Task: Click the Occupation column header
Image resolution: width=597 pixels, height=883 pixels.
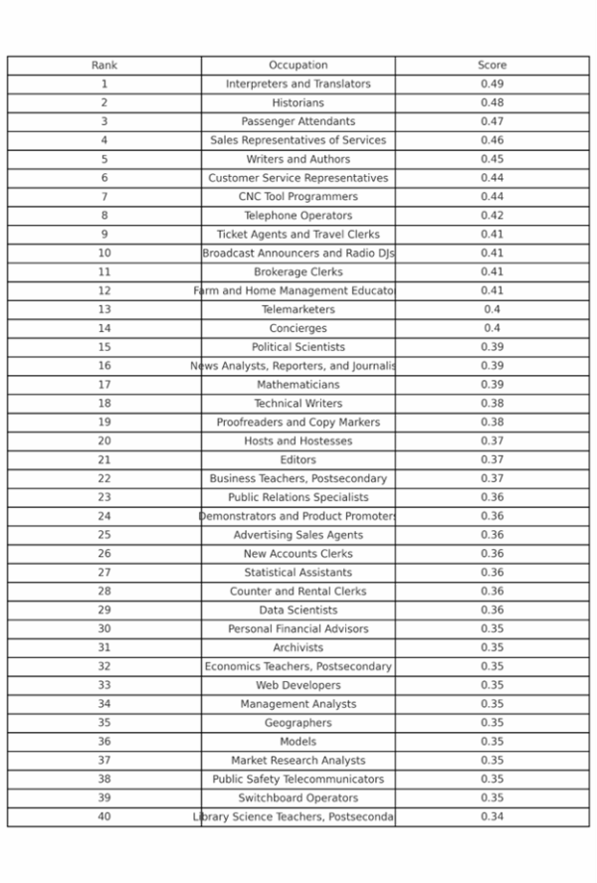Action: pyautogui.click(x=298, y=66)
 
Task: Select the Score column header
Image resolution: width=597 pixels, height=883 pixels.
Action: pyautogui.click(x=492, y=66)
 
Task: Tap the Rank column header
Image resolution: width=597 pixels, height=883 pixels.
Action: pyautogui.click(x=103, y=66)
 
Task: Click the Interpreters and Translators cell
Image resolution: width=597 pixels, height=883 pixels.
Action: pyautogui.click(x=298, y=85)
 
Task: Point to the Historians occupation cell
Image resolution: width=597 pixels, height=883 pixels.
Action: pyautogui.click(x=298, y=103)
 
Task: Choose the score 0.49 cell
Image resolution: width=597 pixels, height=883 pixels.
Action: pyautogui.click(x=492, y=85)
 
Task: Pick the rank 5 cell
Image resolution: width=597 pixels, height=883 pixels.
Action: pyautogui.click(x=103, y=159)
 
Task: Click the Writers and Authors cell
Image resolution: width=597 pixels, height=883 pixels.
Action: pyautogui.click(x=298, y=159)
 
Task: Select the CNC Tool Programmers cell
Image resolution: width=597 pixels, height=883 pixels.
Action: pyautogui.click(x=298, y=197)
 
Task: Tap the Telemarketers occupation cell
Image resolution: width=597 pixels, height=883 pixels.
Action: pyautogui.click(x=298, y=309)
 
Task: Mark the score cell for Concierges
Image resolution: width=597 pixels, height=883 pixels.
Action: pyautogui.click(x=492, y=328)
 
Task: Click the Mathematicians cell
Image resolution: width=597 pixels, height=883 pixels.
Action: pyautogui.click(x=298, y=385)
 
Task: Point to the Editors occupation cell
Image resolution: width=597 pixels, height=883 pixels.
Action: pyautogui.click(x=298, y=460)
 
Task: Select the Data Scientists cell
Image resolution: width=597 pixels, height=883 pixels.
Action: pyautogui.click(x=298, y=611)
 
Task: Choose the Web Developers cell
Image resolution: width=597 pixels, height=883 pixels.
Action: pyautogui.click(x=298, y=685)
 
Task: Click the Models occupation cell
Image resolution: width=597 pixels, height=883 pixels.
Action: pyautogui.click(x=298, y=742)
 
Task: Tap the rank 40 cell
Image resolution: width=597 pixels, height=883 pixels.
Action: pyautogui.click(x=103, y=817)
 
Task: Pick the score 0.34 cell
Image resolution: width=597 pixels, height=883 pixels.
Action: pyautogui.click(x=492, y=817)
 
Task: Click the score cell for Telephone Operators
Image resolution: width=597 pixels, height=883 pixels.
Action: pyautogui.click(x=492, y=216)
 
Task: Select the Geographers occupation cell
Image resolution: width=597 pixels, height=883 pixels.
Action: pyautogui.click(x=298, y=723)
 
